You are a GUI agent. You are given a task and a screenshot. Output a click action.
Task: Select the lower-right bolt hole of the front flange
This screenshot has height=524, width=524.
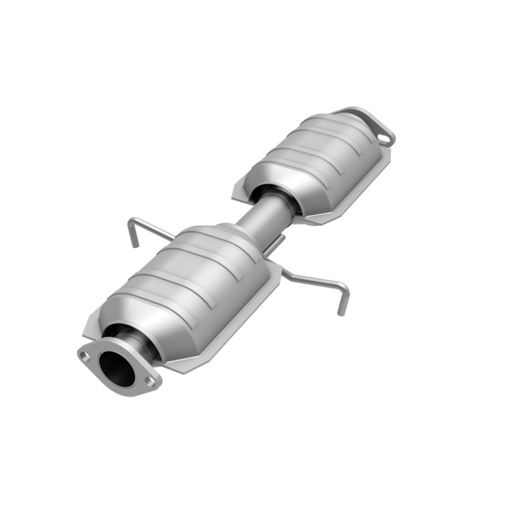152,383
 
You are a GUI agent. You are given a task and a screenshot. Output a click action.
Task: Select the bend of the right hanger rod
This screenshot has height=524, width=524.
345,287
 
